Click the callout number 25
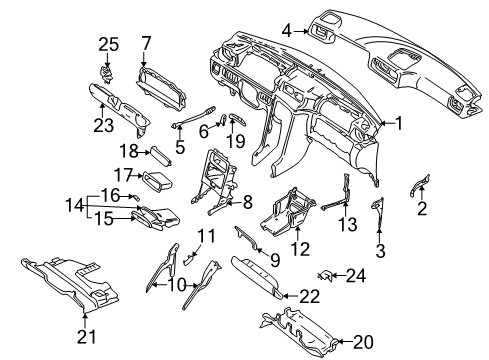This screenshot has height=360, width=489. pyautogui.click(x=109, y=44)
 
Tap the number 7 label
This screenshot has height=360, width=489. pyautogui.click(x=146, y=43)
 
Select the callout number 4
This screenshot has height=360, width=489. pyautogui.click(x=287, y=31)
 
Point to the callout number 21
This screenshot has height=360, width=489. pyautogui.click(x=86, y=337)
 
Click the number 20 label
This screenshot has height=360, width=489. pyautogui.click(x=363, y=342)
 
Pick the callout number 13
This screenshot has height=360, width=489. pyautogui.click(x=347, y=224)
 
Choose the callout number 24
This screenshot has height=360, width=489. pyautogui.click(x=356, y=276)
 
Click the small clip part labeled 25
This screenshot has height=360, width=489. pyautogui.click(x=107, y=75)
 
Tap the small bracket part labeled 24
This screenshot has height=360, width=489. pyautogui.click(x=324, y=275)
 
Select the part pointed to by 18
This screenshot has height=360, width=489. pyautogui.click(x=162, y=156)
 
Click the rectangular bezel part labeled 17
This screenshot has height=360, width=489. pyautogui.click(x=157, y=181)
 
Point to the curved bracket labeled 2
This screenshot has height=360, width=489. pyautogui.click(x=420, y=184)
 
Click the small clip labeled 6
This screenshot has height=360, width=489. pyautogui.click(x=221, y=120)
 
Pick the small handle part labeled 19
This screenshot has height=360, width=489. pyautogui.click(x=237, y=119)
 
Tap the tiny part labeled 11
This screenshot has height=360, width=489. pyautogui.click(x=189, y=259)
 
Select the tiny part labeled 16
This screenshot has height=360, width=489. pyautogui.click(x=136, y=197)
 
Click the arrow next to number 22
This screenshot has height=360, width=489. pyautogui.click(x=291, y=296)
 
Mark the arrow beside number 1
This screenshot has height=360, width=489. pyautogui.click(x=387, y=123)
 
